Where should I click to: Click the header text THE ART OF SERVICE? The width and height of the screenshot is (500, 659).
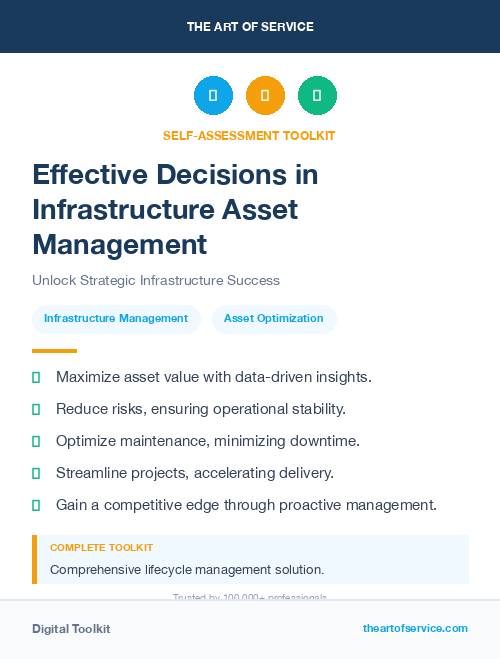click(x=250, y=27)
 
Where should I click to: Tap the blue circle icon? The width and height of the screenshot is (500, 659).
click(x=213, y=96)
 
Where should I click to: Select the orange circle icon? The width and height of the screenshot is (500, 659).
click(x=265, y=96)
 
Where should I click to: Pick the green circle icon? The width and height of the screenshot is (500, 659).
click(x=317, y=96)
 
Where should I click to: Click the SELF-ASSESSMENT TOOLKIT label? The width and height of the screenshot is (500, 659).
click(x=249, y=135)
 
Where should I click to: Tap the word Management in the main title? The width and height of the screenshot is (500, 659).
click(x=120, y=245)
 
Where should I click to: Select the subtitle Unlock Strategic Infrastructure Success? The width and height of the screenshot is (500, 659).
click(x=156, y=280)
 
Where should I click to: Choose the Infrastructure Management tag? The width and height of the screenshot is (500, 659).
click(x=116, y=319)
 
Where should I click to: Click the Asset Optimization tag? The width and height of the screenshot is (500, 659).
click(x=274, y=319)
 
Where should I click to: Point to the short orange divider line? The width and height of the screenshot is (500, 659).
click(x=54, y=351)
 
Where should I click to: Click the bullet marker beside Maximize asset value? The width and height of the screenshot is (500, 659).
click(x=36, y=378)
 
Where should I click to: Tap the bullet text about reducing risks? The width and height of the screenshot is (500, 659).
click(x=201, y=409)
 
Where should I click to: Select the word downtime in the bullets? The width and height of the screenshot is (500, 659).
click(x=324, y=441)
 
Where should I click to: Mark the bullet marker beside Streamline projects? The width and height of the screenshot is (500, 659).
click(x=36, y=473)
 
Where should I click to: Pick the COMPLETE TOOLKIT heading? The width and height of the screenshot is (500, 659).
click(x=102, y=548)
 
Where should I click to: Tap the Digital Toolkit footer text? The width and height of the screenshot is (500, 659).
click(x=71, y=629)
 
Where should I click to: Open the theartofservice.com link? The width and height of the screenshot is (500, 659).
click(x=415, y=628)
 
